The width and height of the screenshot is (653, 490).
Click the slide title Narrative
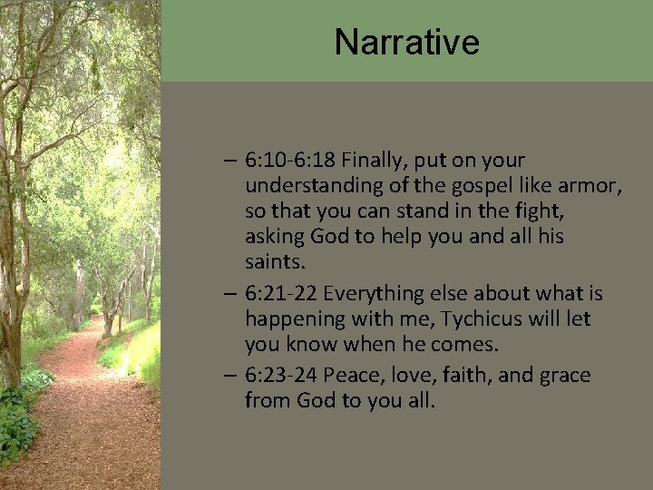point(406,42)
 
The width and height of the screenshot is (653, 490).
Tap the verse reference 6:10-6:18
point(296,161)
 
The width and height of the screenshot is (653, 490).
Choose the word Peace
point(347,376)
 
